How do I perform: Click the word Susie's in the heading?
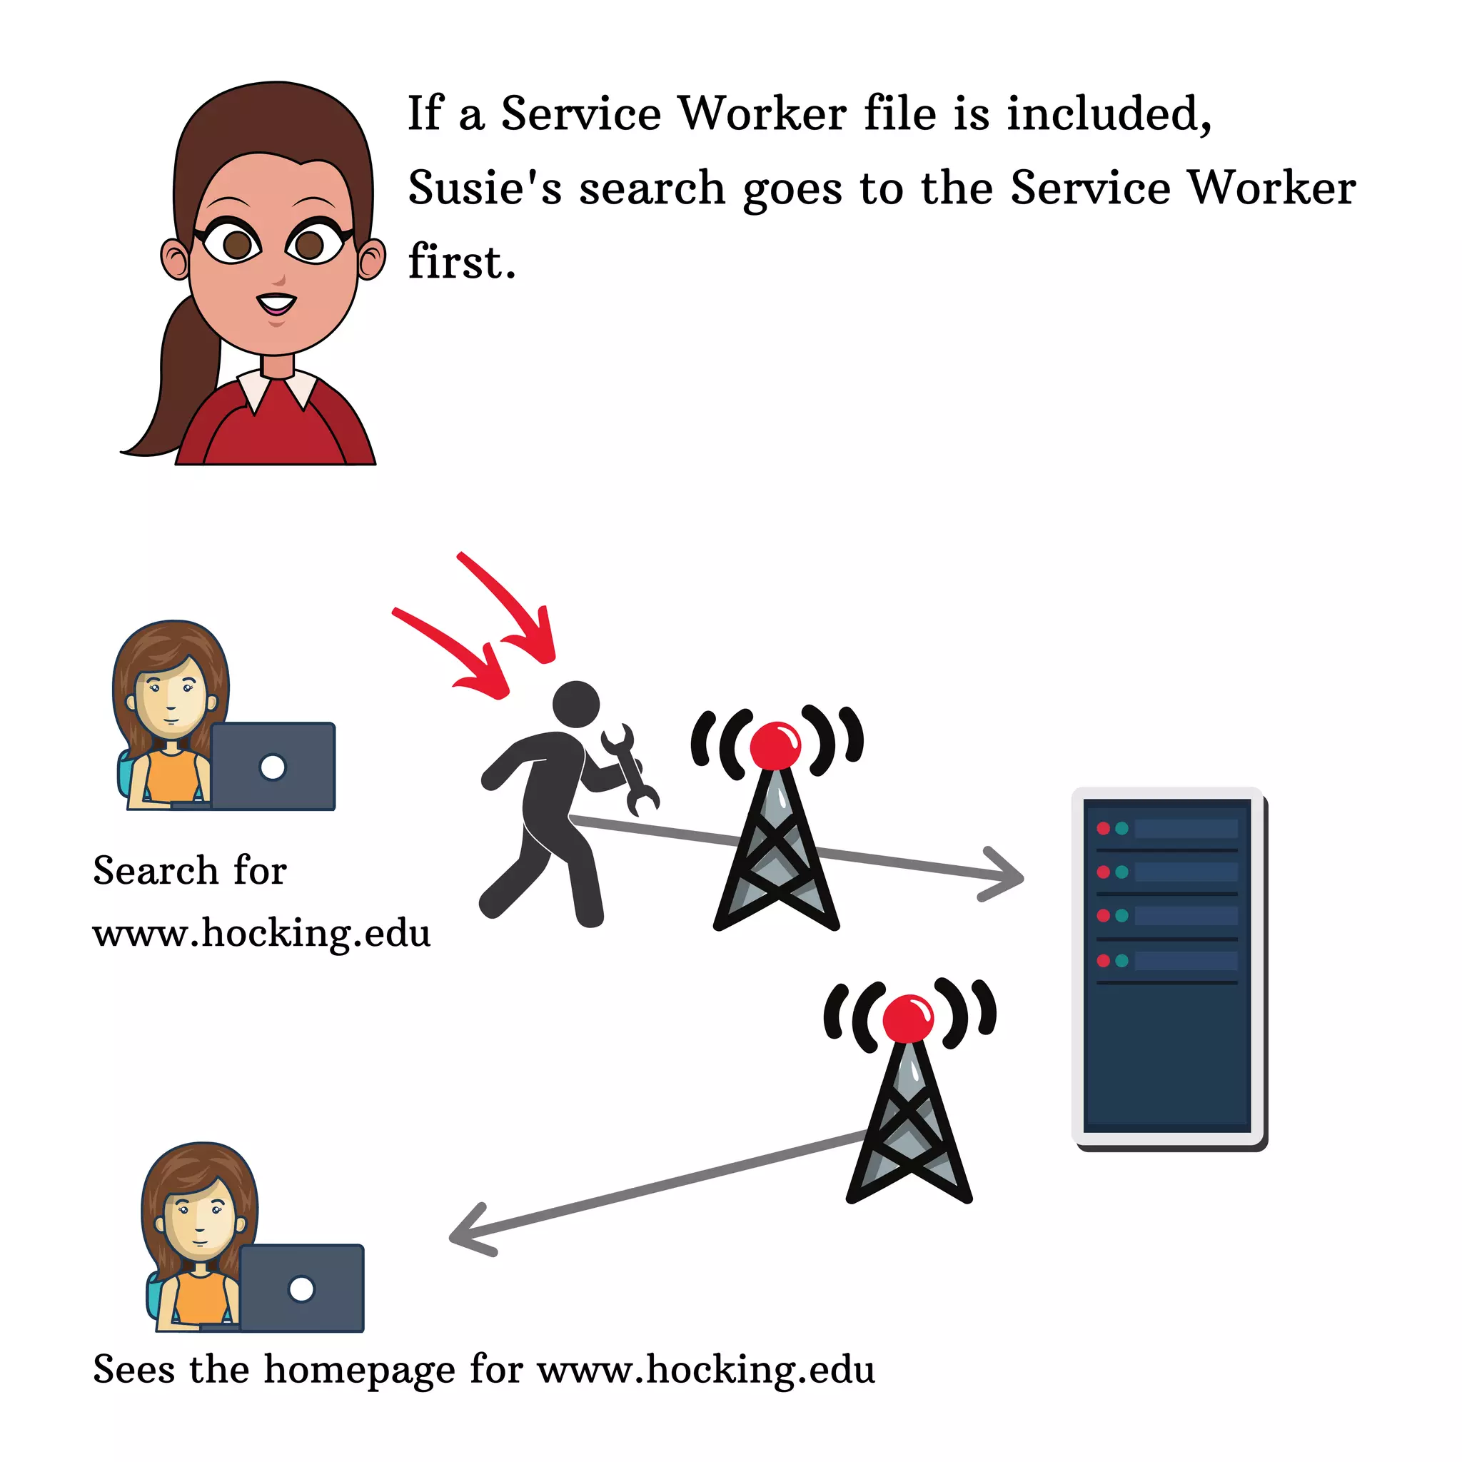[x=484, y=188]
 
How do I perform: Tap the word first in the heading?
[x=462, y=262]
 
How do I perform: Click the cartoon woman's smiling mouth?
[x=276, y=303]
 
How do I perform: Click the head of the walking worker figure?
[x=576, y=704]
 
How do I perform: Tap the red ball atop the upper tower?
[x=775, y=745]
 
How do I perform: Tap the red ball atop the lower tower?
[x=908, y=1019]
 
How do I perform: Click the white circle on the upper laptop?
[x=273, y=767]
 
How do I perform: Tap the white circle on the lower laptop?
[x=301, y=1289]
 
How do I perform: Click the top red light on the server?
[x=1104, y=829]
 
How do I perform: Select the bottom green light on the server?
[x=1121, y=960]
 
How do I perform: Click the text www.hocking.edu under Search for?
[x=261, y=933]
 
